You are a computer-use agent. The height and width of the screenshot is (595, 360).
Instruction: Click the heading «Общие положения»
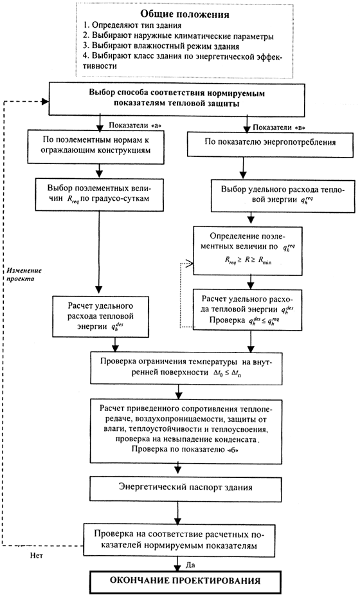tap(184, 14)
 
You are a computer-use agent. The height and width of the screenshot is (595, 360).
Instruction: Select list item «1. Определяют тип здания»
tap(132, 26)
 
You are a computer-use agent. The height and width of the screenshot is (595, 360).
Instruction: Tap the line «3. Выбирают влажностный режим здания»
tap(161, 46)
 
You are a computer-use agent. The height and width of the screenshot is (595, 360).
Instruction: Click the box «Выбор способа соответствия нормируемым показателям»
tap(177, 100)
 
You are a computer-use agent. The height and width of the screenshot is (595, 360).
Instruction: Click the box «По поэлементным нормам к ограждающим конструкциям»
tap(96, 147)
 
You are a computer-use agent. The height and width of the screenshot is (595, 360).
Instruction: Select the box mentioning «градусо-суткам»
tap(100, 194)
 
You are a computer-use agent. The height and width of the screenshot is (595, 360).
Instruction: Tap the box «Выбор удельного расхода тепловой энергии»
tap(283, 196)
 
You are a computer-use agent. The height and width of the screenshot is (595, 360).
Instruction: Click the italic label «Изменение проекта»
tap(24, 275)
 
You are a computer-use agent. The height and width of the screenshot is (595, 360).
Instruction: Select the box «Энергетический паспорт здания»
tap(186, 488)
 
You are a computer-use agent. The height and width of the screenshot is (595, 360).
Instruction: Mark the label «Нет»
tap(37, 556)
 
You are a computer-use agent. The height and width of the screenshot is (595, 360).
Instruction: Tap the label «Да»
tap(190, 565)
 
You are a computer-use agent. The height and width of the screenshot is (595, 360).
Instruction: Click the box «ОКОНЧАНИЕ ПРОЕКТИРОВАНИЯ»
tap(185, 581)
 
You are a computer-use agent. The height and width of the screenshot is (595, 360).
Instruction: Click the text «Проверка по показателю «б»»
tap(186, 449)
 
